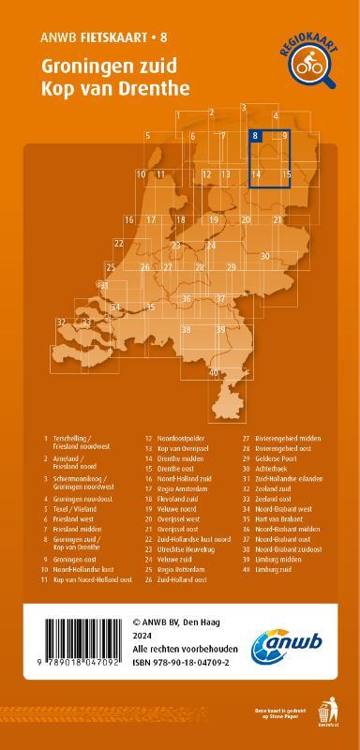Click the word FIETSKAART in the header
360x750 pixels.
115,37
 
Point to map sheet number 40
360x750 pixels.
214,372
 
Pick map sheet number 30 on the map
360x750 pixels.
265,256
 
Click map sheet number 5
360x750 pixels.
148,137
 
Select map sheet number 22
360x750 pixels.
119,243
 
